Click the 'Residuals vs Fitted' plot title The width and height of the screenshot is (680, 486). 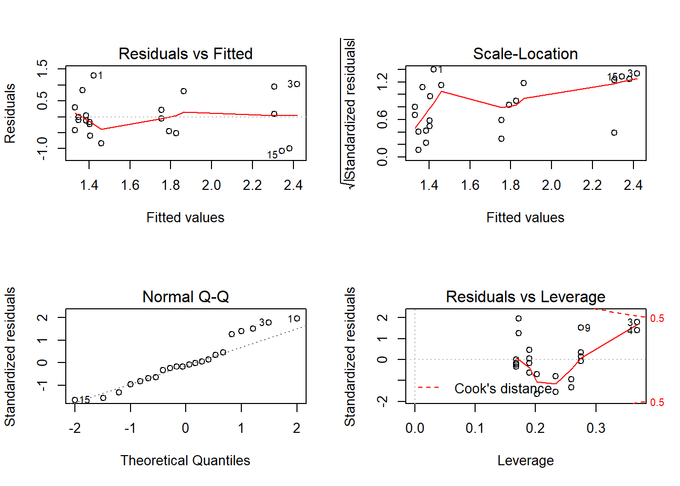tap(185, 54)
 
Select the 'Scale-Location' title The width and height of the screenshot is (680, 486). tap(525, 54)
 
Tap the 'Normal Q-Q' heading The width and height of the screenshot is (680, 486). tap(185, 297)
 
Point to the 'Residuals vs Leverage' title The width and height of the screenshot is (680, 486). tap(525, 297)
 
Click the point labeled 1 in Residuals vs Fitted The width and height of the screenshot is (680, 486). tap(94, 75)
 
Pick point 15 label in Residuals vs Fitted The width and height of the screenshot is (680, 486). tap(272, 155)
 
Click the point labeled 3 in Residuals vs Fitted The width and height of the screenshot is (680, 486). tap(297, 84)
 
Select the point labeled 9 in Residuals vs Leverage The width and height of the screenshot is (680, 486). tap(581, 328)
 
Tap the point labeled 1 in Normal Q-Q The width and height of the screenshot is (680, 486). tap(297, 318)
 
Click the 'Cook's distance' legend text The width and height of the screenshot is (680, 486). tap(503, 388)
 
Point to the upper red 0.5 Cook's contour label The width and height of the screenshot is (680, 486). tap(657, 318)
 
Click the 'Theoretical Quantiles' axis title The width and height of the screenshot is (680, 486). tap(185, 460)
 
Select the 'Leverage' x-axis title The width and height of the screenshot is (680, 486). tap(525, 460)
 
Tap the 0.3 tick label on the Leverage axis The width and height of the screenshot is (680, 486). tap(596, 428)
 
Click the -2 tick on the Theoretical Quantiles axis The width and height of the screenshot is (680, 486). tap(75, 428)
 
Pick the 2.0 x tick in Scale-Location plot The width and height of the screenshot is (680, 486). tap(551, 185)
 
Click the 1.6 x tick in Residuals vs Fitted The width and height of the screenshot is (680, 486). tap(130, 185)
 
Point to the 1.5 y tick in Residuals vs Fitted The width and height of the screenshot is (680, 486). tap(42, 68)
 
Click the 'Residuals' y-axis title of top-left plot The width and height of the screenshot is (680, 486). tap(10, 113)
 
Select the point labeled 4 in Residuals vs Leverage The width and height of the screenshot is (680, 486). tap(637, 330)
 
